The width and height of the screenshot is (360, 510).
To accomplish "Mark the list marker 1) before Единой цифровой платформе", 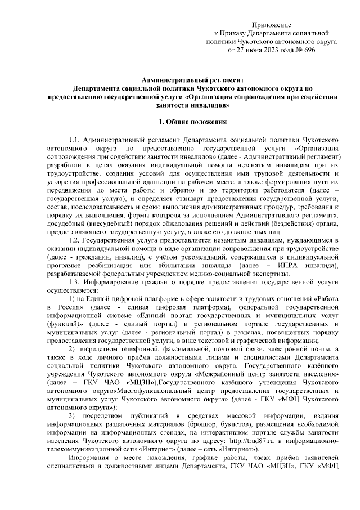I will tap(72, 298).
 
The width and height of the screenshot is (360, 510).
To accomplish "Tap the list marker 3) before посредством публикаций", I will tap(72, 417).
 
